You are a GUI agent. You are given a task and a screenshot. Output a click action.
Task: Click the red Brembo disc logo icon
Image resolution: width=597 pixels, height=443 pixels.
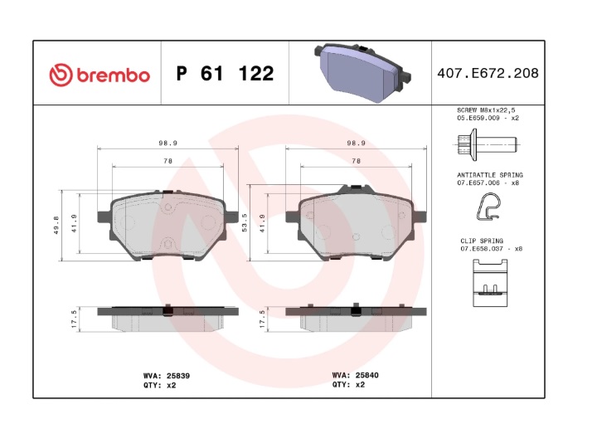61,75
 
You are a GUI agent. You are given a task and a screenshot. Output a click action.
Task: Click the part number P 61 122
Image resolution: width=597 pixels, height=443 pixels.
225,74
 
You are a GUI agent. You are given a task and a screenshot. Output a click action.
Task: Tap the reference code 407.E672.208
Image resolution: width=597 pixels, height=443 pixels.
488,73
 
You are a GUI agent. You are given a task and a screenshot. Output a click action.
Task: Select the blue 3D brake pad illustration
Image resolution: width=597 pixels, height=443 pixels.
362,73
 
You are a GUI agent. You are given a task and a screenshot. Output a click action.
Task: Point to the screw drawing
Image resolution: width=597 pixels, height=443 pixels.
486,144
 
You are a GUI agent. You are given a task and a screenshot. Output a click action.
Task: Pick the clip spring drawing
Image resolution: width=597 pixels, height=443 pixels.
490,283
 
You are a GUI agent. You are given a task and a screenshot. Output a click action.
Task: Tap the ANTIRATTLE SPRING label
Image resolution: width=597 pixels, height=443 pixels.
490,175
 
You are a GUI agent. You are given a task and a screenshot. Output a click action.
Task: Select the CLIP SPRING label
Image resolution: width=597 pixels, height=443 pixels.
482,241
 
